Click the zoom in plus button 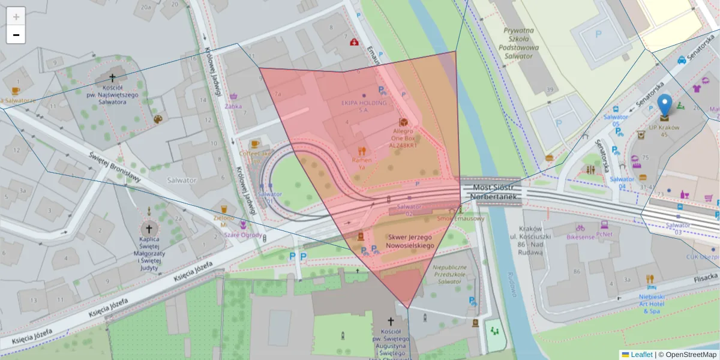[16, 16]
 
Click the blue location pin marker [664, 105]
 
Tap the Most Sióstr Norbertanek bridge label [491, 192]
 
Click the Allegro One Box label [403, 137]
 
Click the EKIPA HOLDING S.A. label [364, 106]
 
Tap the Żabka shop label [233, 106]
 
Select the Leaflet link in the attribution [641, 355]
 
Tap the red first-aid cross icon [355, 42]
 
